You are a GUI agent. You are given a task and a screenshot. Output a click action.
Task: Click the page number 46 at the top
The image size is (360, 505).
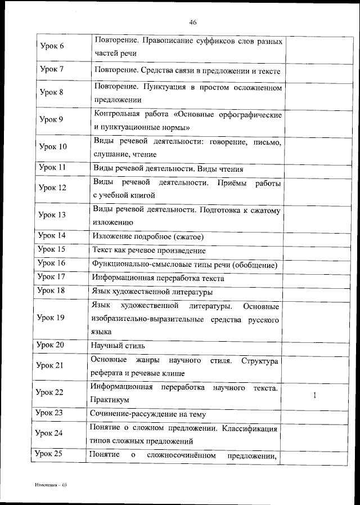(x=192, y=22)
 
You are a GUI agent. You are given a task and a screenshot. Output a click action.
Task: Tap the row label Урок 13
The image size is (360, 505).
(x=51, y=214)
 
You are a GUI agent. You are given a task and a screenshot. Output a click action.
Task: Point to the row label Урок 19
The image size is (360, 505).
(x=51, y=318)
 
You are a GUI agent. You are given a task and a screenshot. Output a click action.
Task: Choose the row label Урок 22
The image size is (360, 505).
(x=49, y=392)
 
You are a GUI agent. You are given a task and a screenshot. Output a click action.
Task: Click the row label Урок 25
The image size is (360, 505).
(x=49, y=454)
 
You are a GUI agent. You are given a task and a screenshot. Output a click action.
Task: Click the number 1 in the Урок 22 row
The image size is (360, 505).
(x=315, y=395)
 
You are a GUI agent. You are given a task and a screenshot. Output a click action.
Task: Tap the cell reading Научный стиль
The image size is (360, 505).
(x=118, y=346)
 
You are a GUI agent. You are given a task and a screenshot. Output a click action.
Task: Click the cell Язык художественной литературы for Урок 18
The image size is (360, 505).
(x=152, y=292)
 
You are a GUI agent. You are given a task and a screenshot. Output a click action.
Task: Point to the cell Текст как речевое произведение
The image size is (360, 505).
(x=148, y=250)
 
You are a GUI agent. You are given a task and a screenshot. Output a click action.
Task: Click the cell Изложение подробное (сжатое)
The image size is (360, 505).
(x=147, y=236)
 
